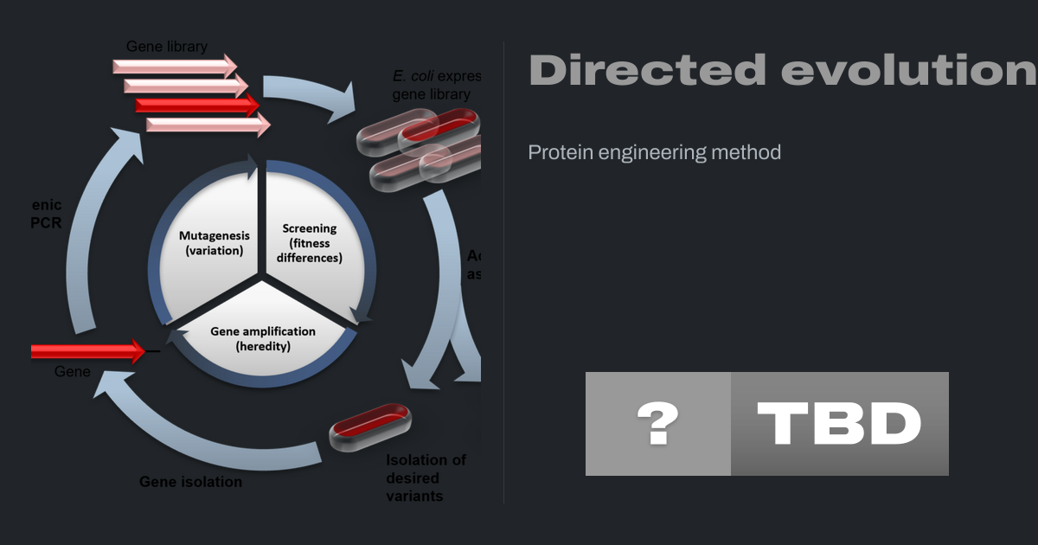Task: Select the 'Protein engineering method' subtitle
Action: (x=654, y=152)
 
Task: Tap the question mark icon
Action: (x=657, y=424)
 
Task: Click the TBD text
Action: (x=839, y=424)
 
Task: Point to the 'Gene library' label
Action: (x=167, y=46)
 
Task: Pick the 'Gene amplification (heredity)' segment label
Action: (x=263, y=338)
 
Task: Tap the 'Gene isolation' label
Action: (x=190, y=481)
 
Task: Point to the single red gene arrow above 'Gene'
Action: (x=86, y=351)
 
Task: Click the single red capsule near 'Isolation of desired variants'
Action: (x=370, y=426)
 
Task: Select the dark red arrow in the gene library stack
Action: (x=197, y=105)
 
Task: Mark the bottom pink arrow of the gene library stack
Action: (x=208, y=125)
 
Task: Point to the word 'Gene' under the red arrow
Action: (x=73, y=371)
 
